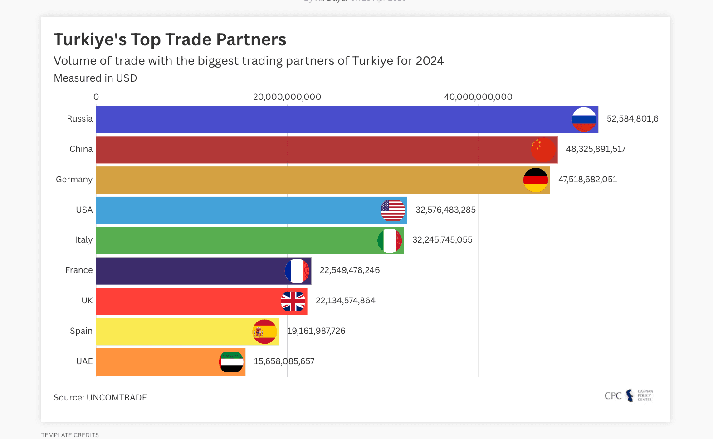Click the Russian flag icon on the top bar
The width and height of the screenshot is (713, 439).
(x=584, y=119)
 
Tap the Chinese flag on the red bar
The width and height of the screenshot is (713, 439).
(x=543, y=150)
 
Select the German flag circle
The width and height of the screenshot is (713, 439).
(x=535, y=180)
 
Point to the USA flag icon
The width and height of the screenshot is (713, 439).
(x=393, y=210)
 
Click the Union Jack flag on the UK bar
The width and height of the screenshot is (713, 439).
(x=293, y=301)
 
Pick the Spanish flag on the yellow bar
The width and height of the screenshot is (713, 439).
(x=265, y=332)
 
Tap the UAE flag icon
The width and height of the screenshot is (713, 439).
(x=231, y=362)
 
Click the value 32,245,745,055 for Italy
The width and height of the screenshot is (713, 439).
(x=442, y=240)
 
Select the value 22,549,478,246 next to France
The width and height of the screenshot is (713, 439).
(x=350, y=270)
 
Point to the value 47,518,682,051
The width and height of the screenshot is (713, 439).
(x=587, y=180)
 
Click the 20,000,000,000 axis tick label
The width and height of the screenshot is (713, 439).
(x=287, y=97)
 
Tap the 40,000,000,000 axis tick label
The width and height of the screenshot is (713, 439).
(x=478, y=97)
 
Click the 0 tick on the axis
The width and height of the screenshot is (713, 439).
(x=96, y=97)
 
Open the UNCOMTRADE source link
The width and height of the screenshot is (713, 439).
(x=117, y=398)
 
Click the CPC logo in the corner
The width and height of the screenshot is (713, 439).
(x=628, y=395)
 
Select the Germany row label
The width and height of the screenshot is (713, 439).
(x=74, y=180)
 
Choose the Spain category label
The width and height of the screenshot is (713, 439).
(x=81, y=331)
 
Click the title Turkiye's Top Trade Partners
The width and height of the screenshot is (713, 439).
(x=170, y=40)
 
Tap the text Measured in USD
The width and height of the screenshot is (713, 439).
(x=95, y=78)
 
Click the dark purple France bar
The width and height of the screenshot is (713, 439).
(x=190, y=271)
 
